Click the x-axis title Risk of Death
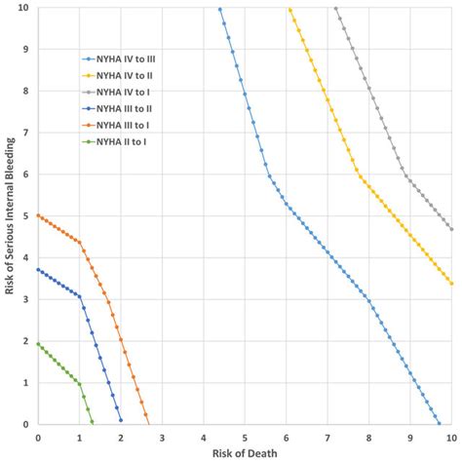[x=246, y=453]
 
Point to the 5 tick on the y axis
[x=29, y=216]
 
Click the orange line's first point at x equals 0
[x=38, y=215]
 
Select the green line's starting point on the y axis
[x=38, y=344]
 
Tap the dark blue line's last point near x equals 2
[x=121, y=420]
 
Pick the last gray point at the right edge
[x=452, y=229]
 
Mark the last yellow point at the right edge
[x=452, y=284]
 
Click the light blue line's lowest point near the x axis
[x=439, y=424]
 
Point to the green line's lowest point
[x=92, y=421]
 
